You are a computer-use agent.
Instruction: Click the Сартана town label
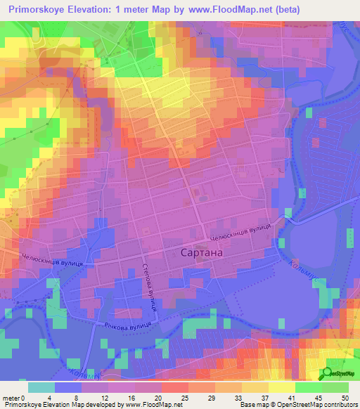(x=197, y=252)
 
